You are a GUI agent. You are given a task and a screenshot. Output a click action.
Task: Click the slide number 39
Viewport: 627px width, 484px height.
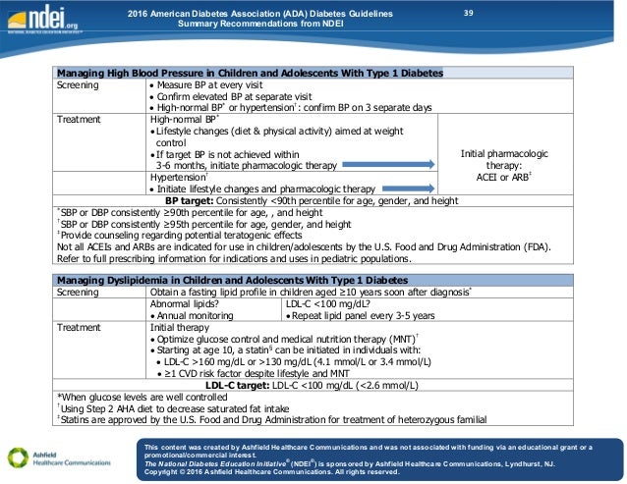(x=468, y=13)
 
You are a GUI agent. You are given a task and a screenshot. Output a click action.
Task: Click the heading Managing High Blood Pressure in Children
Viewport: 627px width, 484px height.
(x=250, y=73)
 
